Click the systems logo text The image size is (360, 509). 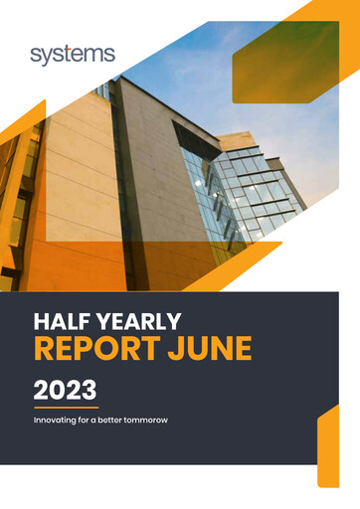click(73, 55)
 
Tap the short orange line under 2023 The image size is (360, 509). click(66, 407)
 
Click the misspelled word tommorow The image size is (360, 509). click(144, 421)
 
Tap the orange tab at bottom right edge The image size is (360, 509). click(328, 447)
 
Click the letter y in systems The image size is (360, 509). click(51, 57)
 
